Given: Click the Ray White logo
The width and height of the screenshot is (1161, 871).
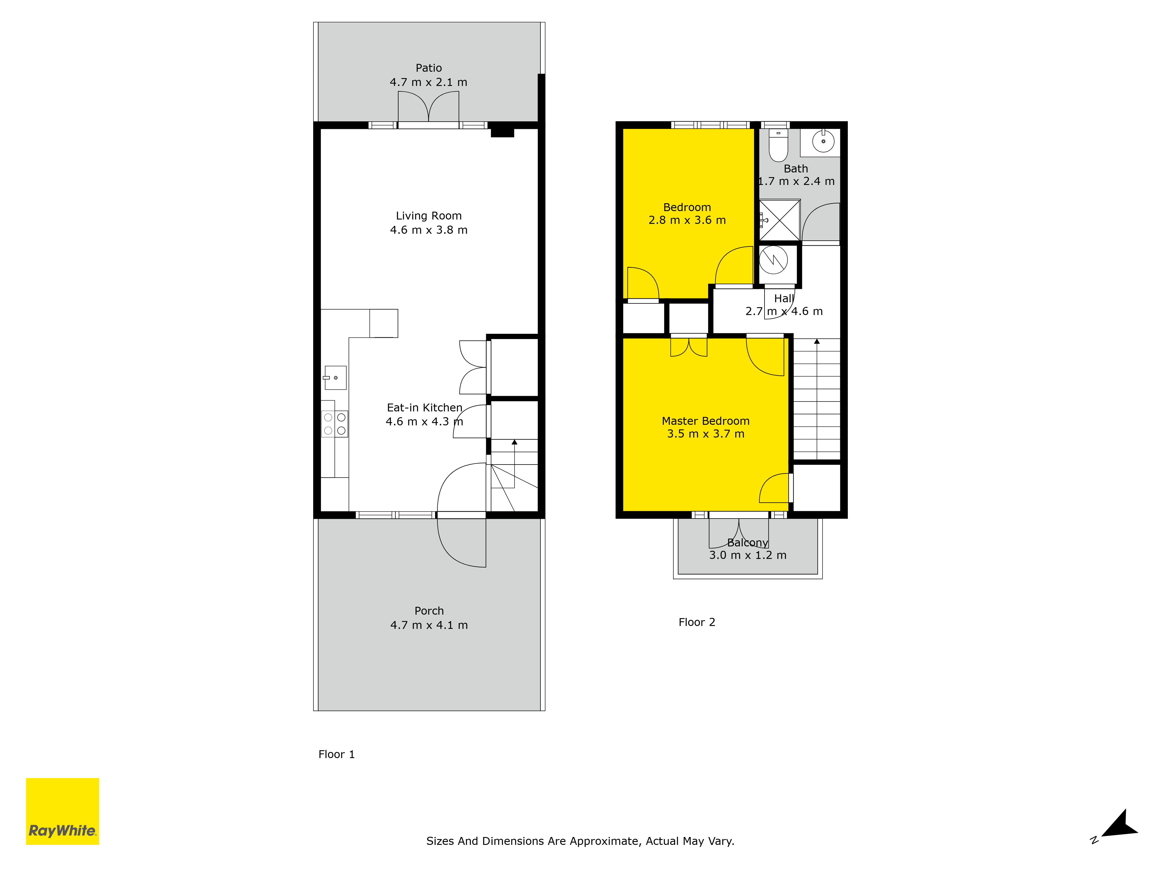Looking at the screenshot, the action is [62, 811].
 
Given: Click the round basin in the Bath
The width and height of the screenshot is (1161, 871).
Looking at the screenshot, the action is [823, 141].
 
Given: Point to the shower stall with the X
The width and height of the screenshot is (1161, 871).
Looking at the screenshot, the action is [780, 220].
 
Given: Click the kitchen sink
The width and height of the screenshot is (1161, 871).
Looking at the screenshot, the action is [335, 377].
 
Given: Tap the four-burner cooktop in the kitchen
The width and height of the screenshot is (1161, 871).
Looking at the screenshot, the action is [334, 424].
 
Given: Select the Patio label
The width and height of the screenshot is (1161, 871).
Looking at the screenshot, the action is [429, 68].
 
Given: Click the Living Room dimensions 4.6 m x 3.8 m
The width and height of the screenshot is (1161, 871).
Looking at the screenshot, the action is [429, 230].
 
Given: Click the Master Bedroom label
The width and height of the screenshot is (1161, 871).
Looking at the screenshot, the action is [705, 421].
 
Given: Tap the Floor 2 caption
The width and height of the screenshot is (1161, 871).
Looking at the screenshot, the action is [697, 622].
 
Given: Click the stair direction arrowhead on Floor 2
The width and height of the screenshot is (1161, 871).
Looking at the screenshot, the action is [817, 341].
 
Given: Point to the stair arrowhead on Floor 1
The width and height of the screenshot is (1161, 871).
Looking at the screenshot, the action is [514, 442].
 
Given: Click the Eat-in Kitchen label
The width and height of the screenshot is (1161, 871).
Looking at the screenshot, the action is [425, 407].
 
